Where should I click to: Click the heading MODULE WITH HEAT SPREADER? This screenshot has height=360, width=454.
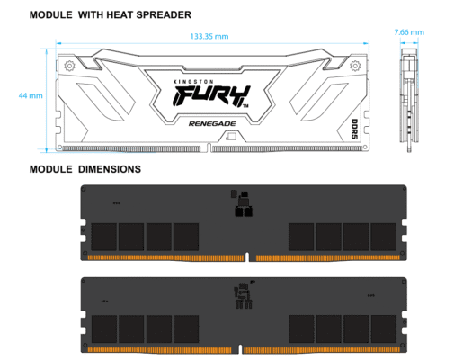pyautogui.click(x=111, y=15)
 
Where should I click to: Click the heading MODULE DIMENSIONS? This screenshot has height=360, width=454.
pyautogui.click(x=85, y=169)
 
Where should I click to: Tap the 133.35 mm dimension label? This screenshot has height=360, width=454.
pyautogui.click(x=209, y=37)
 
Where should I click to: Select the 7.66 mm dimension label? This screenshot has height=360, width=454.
pyautogui.click(x=409, y=33)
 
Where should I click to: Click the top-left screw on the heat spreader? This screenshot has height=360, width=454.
pyautogui.click(x=70, y=66)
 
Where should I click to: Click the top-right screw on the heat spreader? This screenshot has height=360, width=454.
pyautogui.click(x=355, y=66)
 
